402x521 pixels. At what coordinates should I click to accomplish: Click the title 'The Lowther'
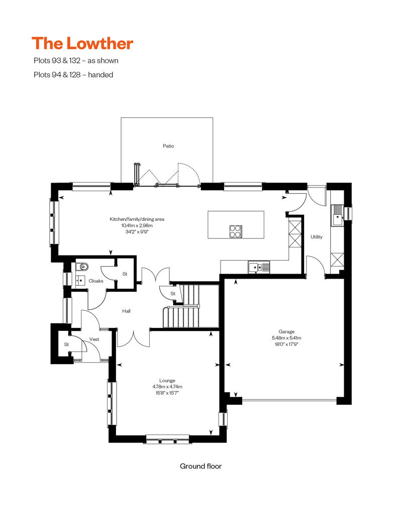pyautogui.click(x=82, y=44)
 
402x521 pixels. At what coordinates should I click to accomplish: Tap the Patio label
pyautogui.click(x=168, y=146)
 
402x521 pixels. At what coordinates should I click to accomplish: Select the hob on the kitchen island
pyautogui.click(x=236, y=232)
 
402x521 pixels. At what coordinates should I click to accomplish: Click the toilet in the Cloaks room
pyautogui.click(x=82, y=267)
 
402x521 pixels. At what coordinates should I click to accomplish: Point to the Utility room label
pyautogui.click(x=317, y=237)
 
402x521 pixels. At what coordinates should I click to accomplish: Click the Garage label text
pyautogui.click(x=286, y=331)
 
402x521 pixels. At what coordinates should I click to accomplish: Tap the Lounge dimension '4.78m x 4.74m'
pyautogui.click(x=167, y=387)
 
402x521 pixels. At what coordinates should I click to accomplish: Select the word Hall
pyautogui.click(x=126, y=311)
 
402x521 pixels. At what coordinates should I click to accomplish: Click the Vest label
pyautogui.click(x=94, y=339)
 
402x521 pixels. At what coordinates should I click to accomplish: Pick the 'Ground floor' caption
pyautogui.click(x=201, y=466)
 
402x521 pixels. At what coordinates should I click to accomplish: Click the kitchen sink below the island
pyautogui.click(x=259, y=267)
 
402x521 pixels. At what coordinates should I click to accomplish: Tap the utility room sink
pyautogui.click(x=337, y=215)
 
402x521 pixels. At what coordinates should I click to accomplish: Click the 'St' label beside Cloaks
pyautogui.click(x=125, y=274)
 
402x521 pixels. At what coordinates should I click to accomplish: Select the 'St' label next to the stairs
pyautogui.click(x=173, y=294)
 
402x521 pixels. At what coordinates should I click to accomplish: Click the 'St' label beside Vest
pyautogui.click(x=66, y=344)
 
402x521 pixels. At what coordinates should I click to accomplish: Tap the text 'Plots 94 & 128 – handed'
pyautogui.click(x=73, y=75)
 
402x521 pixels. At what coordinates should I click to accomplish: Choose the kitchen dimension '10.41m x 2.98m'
pyautogui.click(x=137, y=225)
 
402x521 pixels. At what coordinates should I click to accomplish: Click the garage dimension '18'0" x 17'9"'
pyautogui.click(x=286, y=344)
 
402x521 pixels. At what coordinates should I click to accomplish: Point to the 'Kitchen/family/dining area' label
pyautogui.click(x=137, y=219)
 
